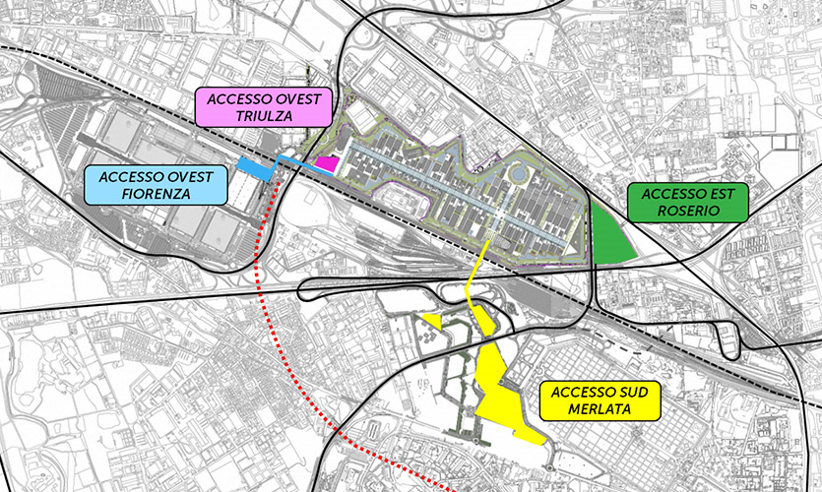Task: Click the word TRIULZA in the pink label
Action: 264,117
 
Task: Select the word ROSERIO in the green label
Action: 688,210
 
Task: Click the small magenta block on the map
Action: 327,163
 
